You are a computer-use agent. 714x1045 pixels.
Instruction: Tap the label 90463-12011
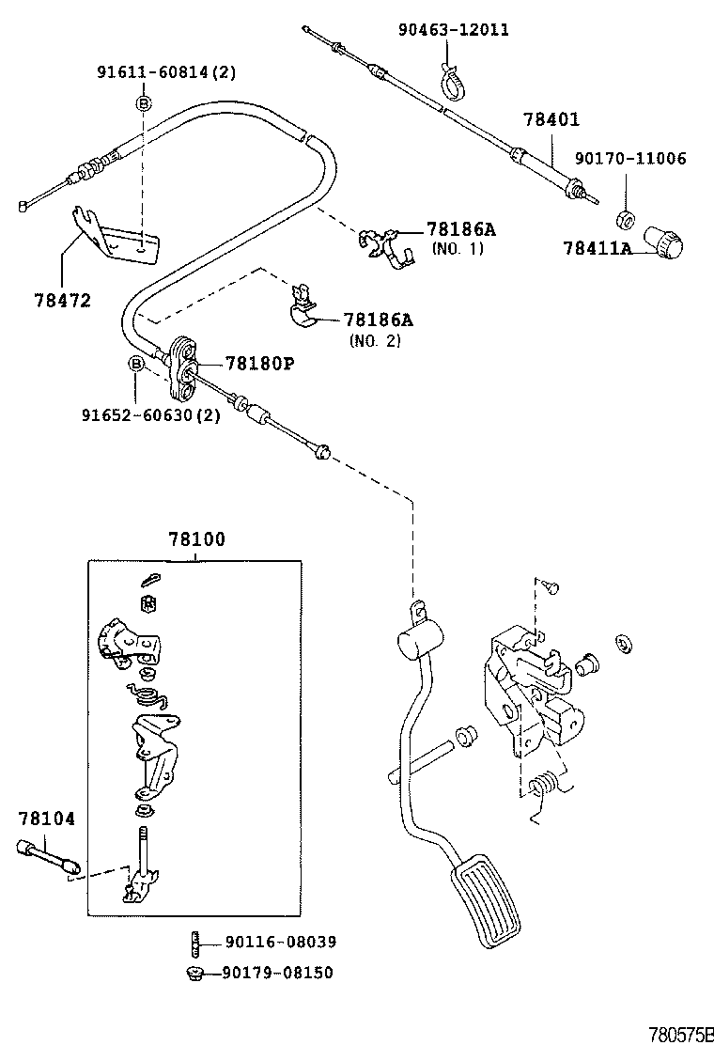[453, 30]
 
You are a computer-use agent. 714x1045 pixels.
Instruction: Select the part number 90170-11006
[630, 158]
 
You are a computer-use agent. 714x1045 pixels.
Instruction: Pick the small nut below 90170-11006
[622, 221]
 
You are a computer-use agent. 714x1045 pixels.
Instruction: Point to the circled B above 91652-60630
[136, 363]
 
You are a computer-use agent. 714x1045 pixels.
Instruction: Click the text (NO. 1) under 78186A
[458, 249]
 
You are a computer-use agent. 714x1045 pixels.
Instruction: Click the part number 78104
[46, 819]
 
